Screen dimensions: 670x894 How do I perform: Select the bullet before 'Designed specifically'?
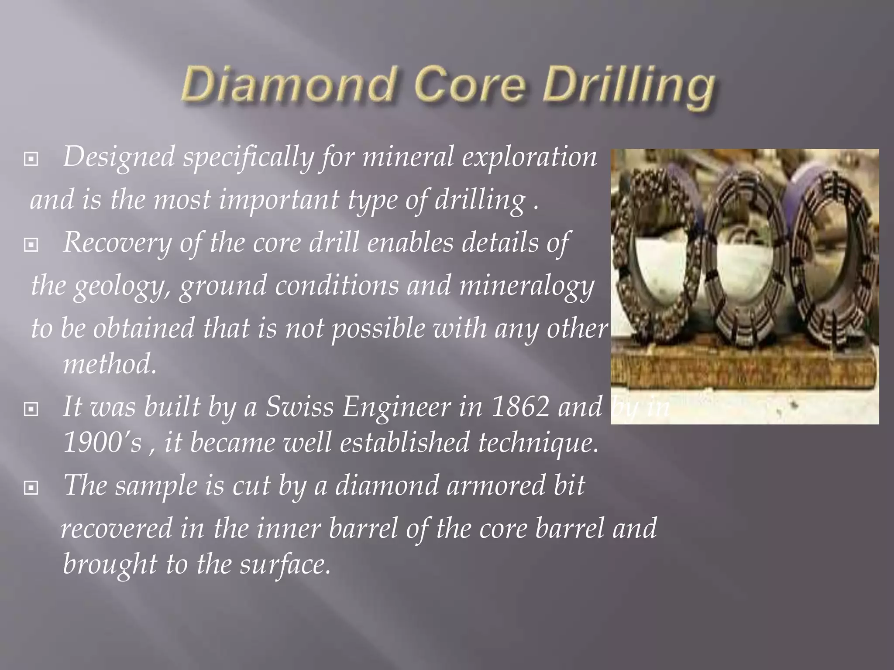tap(31, 160)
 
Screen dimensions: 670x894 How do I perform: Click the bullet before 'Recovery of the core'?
tap(31, 245)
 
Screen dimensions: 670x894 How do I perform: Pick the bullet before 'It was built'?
tap(31, 409)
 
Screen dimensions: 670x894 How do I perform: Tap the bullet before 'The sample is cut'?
tap(31, 488)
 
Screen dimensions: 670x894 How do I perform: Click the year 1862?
tap(520, 407)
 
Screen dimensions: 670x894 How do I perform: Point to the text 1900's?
tap(103, 442)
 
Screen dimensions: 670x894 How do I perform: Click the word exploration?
tap(529, 157)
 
